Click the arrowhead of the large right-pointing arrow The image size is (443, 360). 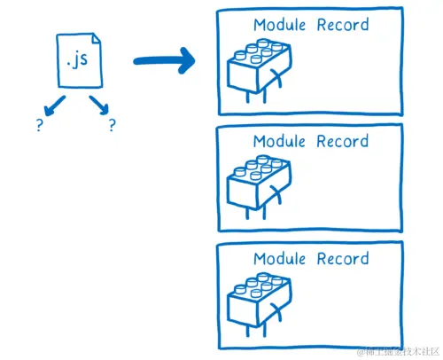186,61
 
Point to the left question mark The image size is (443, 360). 39,126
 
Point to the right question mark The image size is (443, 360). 113,126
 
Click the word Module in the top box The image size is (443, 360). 280,25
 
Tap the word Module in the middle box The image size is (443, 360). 280,141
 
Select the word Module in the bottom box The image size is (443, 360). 280,259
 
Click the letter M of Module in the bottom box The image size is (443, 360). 260,259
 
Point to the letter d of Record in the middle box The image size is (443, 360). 364,141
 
